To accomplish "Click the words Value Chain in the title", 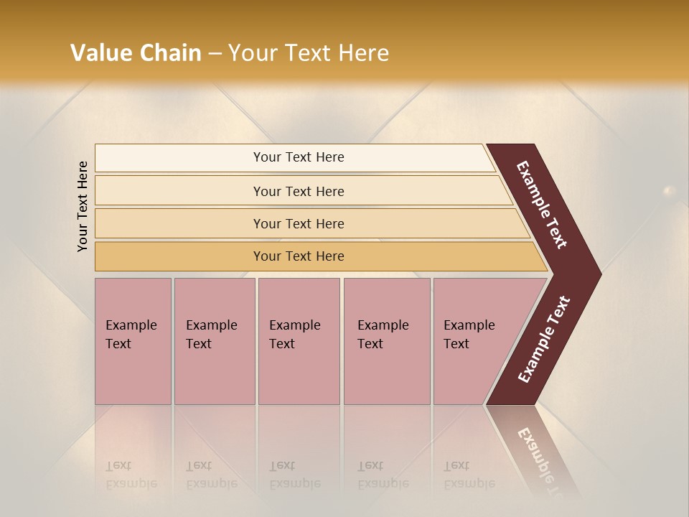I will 136,53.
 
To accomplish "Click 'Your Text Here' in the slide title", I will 309,53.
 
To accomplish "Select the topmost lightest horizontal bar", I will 299,157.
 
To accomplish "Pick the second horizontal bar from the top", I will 299,191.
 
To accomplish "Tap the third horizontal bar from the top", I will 299,223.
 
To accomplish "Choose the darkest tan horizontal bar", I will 299,256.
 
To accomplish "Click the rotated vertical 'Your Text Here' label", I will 83,206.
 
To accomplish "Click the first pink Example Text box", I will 133,341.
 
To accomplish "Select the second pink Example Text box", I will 214,341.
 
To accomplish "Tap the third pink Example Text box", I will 299,341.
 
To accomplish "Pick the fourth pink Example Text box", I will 386,341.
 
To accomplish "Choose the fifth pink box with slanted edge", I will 474,341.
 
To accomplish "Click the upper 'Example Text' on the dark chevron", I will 542,205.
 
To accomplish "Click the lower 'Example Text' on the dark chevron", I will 543,340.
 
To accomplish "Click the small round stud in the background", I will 669,191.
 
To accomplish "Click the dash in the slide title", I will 215,54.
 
